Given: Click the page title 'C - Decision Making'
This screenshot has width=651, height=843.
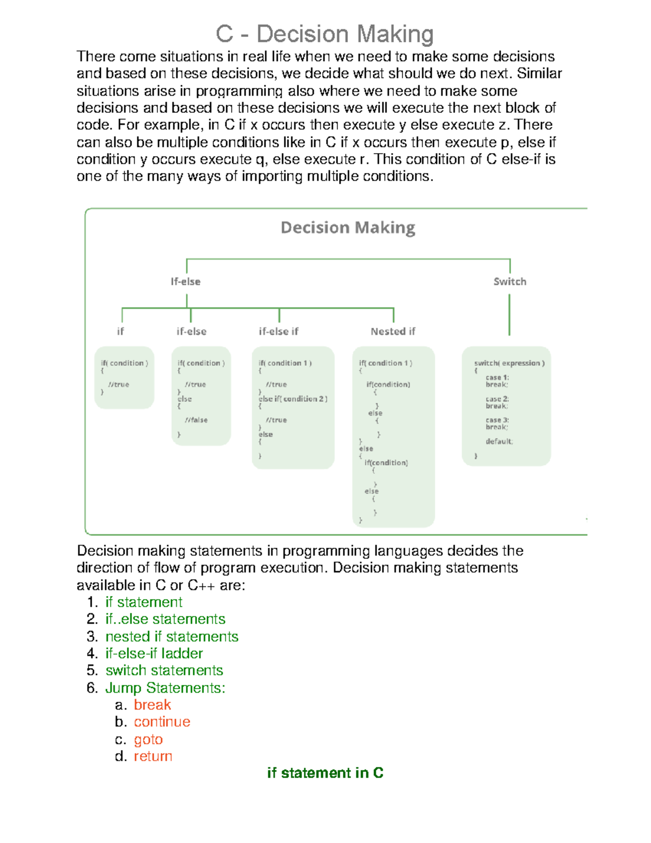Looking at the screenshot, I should click(324, 34).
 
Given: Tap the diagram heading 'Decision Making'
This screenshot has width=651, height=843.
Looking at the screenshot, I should click(348, 227).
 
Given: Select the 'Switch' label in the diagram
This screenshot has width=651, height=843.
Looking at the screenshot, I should click(509, 281).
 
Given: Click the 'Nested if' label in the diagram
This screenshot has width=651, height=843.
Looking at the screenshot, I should click(393, 331).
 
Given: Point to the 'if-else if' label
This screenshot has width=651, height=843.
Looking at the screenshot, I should click(278, 331).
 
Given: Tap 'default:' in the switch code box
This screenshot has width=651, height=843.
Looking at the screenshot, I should click(499, 441).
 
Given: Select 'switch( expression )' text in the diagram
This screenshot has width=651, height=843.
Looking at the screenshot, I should click(509, 363).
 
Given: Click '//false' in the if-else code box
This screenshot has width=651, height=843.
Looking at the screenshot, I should click(196, 420).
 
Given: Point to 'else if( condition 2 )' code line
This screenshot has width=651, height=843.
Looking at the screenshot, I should click(293, 398).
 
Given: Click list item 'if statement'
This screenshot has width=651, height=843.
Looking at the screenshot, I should click(144, 602).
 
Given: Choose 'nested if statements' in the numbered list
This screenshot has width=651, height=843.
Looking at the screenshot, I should click(171, 636).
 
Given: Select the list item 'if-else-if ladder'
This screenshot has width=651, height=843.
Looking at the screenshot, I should click(154, 653).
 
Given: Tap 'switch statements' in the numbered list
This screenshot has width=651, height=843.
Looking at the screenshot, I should click(164, 670).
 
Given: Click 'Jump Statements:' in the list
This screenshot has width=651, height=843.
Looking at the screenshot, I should click(165, 688).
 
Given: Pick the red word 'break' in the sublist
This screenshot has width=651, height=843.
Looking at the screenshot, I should click(152, 705).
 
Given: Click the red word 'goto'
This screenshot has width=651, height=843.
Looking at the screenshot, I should click(148, 739).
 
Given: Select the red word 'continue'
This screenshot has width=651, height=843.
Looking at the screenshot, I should click(162, 722).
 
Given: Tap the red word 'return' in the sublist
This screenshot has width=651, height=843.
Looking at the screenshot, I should click(153, 756).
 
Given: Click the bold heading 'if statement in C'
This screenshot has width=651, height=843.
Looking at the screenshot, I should click(325, 773).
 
